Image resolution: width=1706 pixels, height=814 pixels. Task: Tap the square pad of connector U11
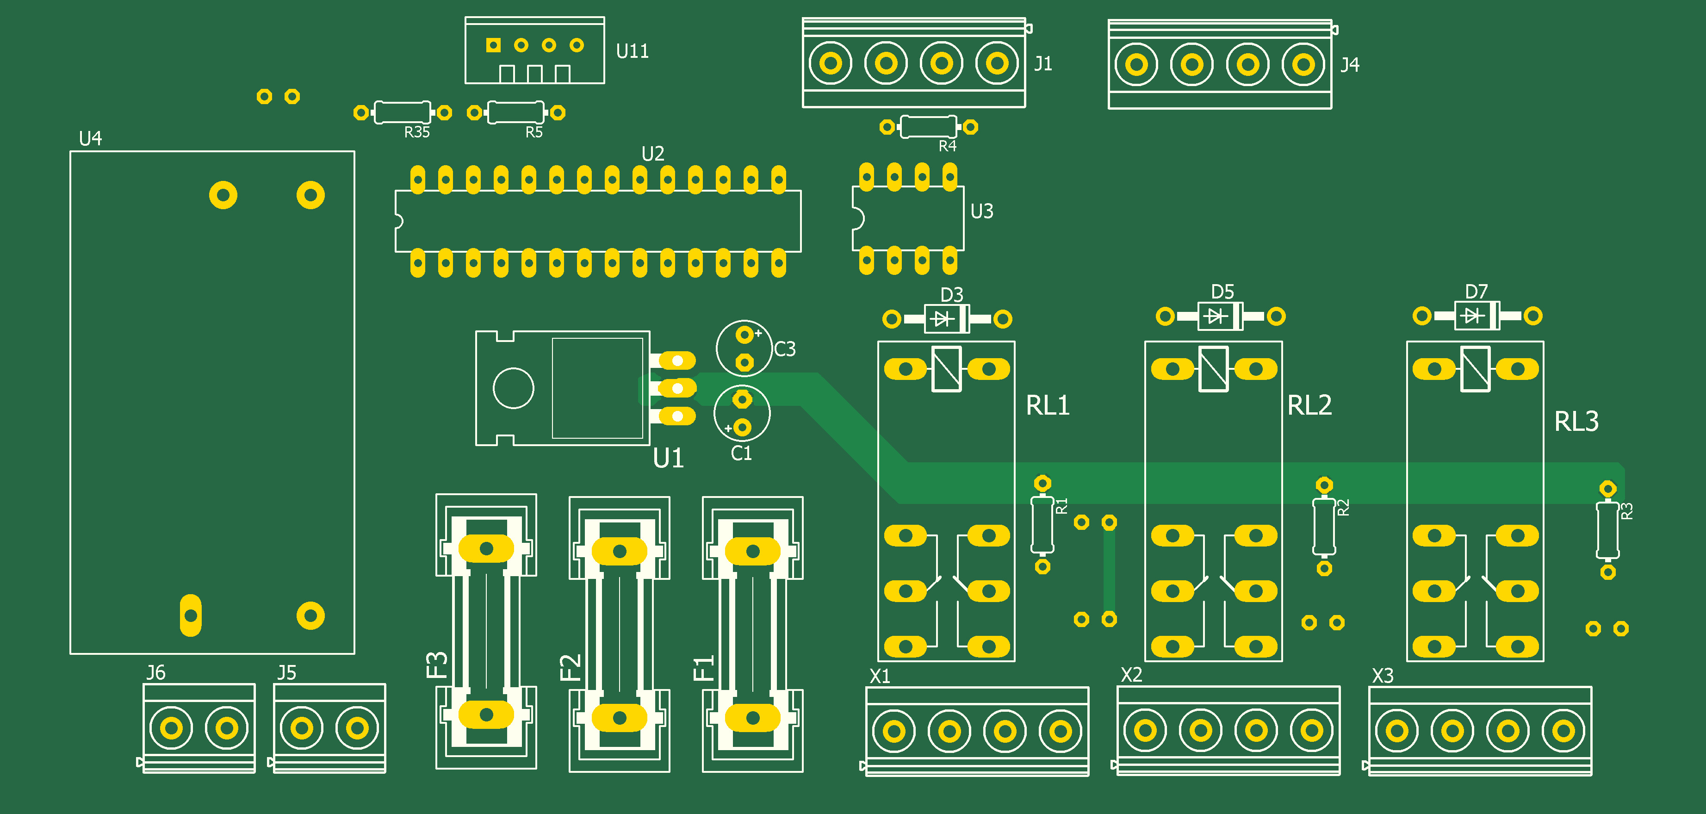point(493,45)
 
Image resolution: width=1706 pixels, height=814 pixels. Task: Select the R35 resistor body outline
point(402,112)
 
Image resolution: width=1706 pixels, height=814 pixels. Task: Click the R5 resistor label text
point(534,132)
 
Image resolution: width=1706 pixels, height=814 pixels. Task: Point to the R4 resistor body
point(929,126)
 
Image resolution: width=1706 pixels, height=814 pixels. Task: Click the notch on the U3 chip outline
point(858,218)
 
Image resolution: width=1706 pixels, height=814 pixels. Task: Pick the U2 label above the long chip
point(652,154)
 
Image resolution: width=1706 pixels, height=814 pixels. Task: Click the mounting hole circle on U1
point(513,388)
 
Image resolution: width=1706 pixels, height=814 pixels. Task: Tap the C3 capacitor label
point(785,349)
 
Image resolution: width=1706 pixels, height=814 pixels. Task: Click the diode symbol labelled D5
point(1215,316)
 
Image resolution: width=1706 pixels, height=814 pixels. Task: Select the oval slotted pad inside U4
point(191,615)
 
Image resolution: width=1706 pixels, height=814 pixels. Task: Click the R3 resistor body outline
point(1607,530)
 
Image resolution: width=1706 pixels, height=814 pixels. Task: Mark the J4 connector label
point(1350,65)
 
